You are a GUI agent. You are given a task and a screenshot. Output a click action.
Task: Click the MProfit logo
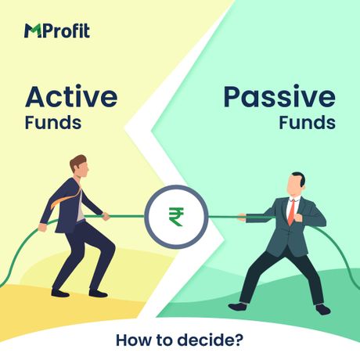[56, 31]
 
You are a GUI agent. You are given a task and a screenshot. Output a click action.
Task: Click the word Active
[71, 98]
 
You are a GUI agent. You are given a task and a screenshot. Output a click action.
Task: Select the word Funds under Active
[52, 123]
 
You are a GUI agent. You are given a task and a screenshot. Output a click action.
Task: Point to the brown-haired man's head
[78, 167]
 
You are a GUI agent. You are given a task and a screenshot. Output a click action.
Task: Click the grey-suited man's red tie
[292, 210]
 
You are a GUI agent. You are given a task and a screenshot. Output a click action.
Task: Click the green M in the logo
[34, 31]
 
